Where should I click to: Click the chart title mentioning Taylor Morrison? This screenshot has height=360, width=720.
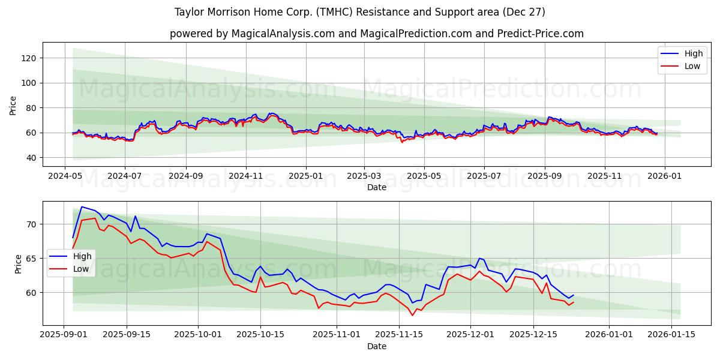(x=360, y=12)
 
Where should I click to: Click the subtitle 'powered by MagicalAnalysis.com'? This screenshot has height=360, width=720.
(x=376, y=34)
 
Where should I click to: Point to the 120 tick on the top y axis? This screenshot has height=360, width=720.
(x=31, y=58)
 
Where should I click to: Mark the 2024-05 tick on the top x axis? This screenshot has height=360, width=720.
(x=65, y=176)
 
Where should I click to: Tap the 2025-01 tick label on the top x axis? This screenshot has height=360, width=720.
(x=305, y=176)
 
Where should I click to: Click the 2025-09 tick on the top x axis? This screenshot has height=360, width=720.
(x=545, y=176)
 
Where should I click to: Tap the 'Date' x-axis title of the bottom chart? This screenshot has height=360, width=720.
(x=376, y=346)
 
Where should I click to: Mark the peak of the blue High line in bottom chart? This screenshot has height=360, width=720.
(x=82, y=207)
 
